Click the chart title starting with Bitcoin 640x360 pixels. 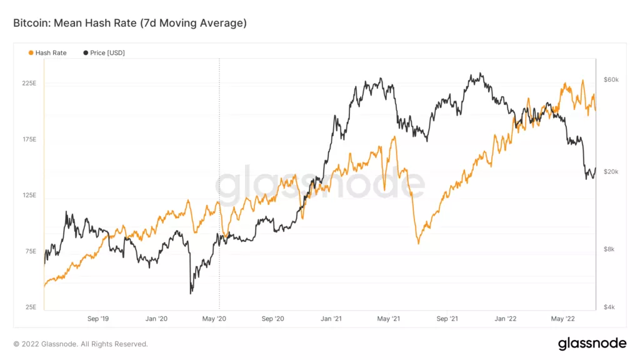[x=130, y=23]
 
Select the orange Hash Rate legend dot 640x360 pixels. [x=31, y=53]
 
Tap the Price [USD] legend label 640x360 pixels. [x=107, y=53]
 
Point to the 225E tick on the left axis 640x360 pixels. [x=30, y=83]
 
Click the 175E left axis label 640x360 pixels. [x=30, y=139]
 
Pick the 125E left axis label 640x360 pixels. [x=30, y=196]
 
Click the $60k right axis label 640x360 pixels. [x=611, y=80]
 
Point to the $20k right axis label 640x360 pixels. [x=611, y=172]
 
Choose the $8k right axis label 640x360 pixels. [x=610, y=249]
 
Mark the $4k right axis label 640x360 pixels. [x=610, y=307]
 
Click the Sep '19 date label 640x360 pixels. [x=97, y=319]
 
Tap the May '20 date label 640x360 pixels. [x=214, y=319]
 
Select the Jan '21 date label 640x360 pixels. [x=331, y=319]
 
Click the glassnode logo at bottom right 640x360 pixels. [x=592, y=343]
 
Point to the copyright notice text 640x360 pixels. [x=81, y=344]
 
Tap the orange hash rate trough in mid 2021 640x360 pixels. [x=418, y=242]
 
